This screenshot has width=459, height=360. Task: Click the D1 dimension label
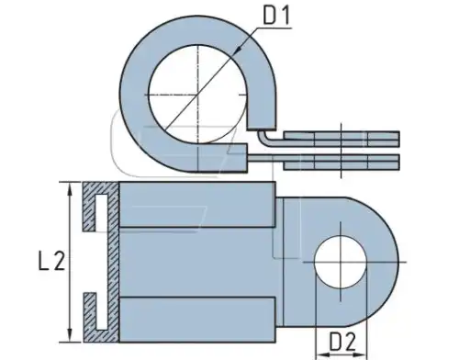(x=276, y=16)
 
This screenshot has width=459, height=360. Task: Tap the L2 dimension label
(x=51, y=261)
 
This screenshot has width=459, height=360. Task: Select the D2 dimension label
(x=342, y=342)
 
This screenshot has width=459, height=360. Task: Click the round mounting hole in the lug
(x=341, y=262)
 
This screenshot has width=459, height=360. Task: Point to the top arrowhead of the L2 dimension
(x=71, y=190)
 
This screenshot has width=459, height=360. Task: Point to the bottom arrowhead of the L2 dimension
(x=71, y=334)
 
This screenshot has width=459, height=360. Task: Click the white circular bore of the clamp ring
(x=197, y=95)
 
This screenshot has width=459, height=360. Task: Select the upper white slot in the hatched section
(x=102, y=212)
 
